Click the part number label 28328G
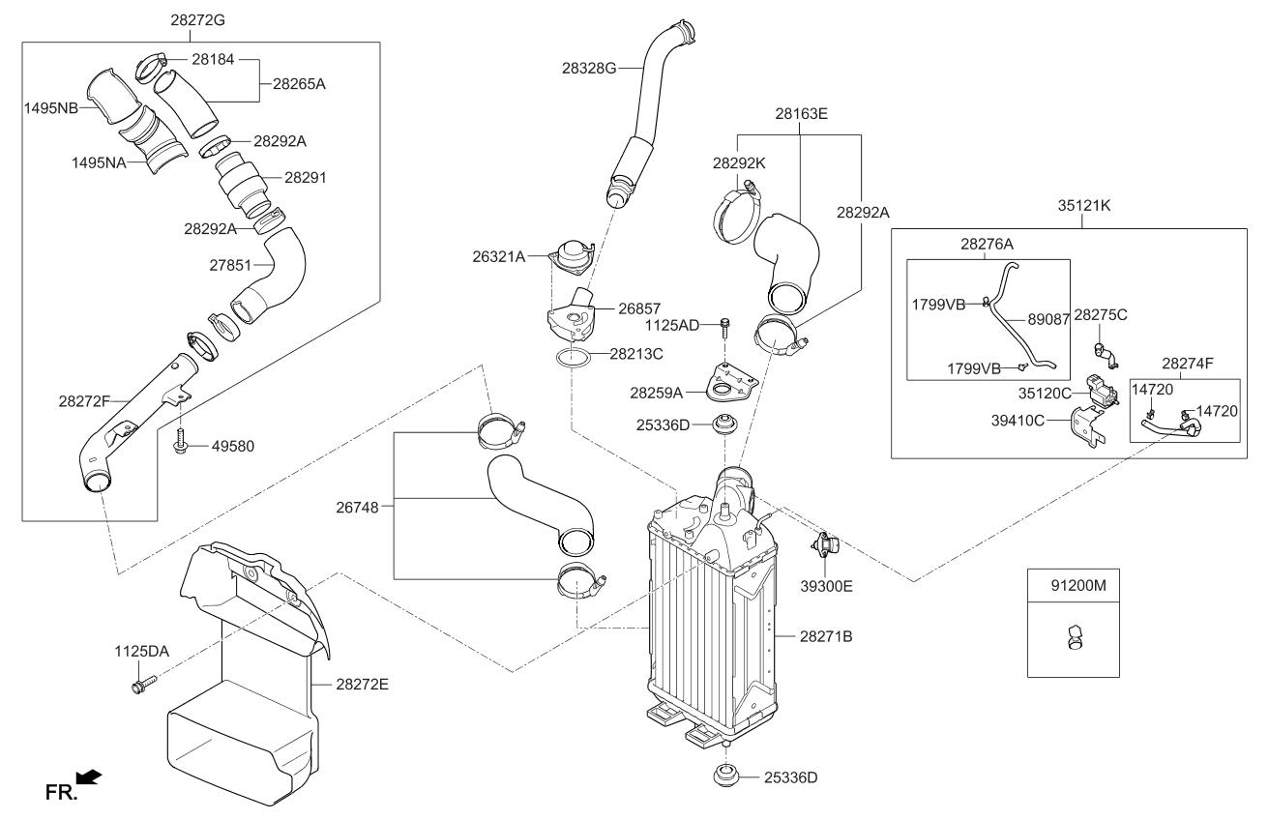pos(589,69)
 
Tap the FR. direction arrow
pos(88,776)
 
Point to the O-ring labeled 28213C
pos(574,358)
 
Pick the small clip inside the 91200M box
pos(1073,636)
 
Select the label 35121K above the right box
pos(1083,205)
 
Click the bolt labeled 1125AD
pos(724,329)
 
